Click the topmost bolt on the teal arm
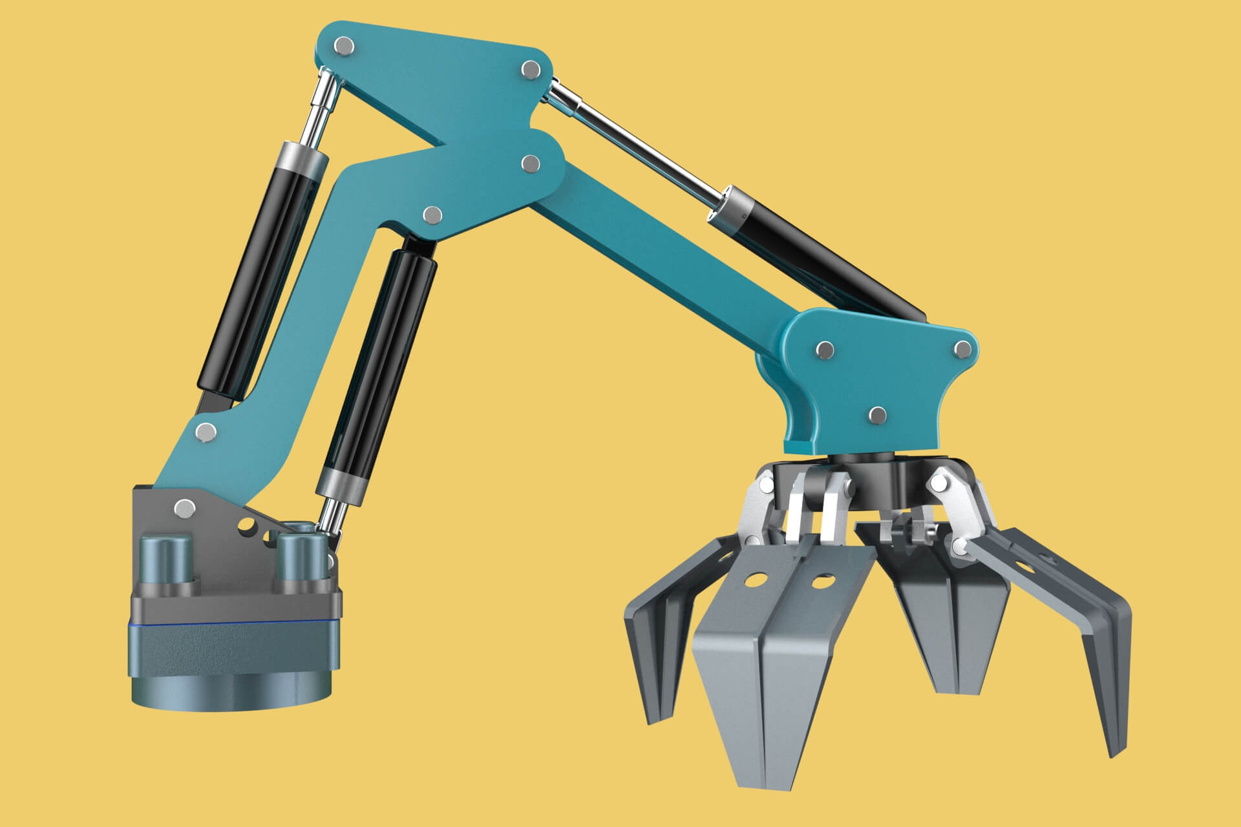pyautogui.click(x=345, y=46)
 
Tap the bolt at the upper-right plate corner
pyautogui.click(x=530, y=68)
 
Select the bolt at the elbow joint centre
pyautogui.click(x=530, y=163)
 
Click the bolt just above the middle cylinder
pyautogui.click(x=432, y=215)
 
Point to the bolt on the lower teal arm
pyautogui.click(x=205, y=431)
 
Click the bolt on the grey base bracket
pyautogui.click(x=184, y=507)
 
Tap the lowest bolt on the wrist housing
pyautogui.click(x=877, y=415)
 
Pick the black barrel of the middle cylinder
pyautogui.click(x=378, y=362)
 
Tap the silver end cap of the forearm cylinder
pyautogui.click(x=729, y=207)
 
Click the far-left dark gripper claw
pyautogui.click(x=653, y=646)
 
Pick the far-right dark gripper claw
pyautogui.click(x=1092, y=646)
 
